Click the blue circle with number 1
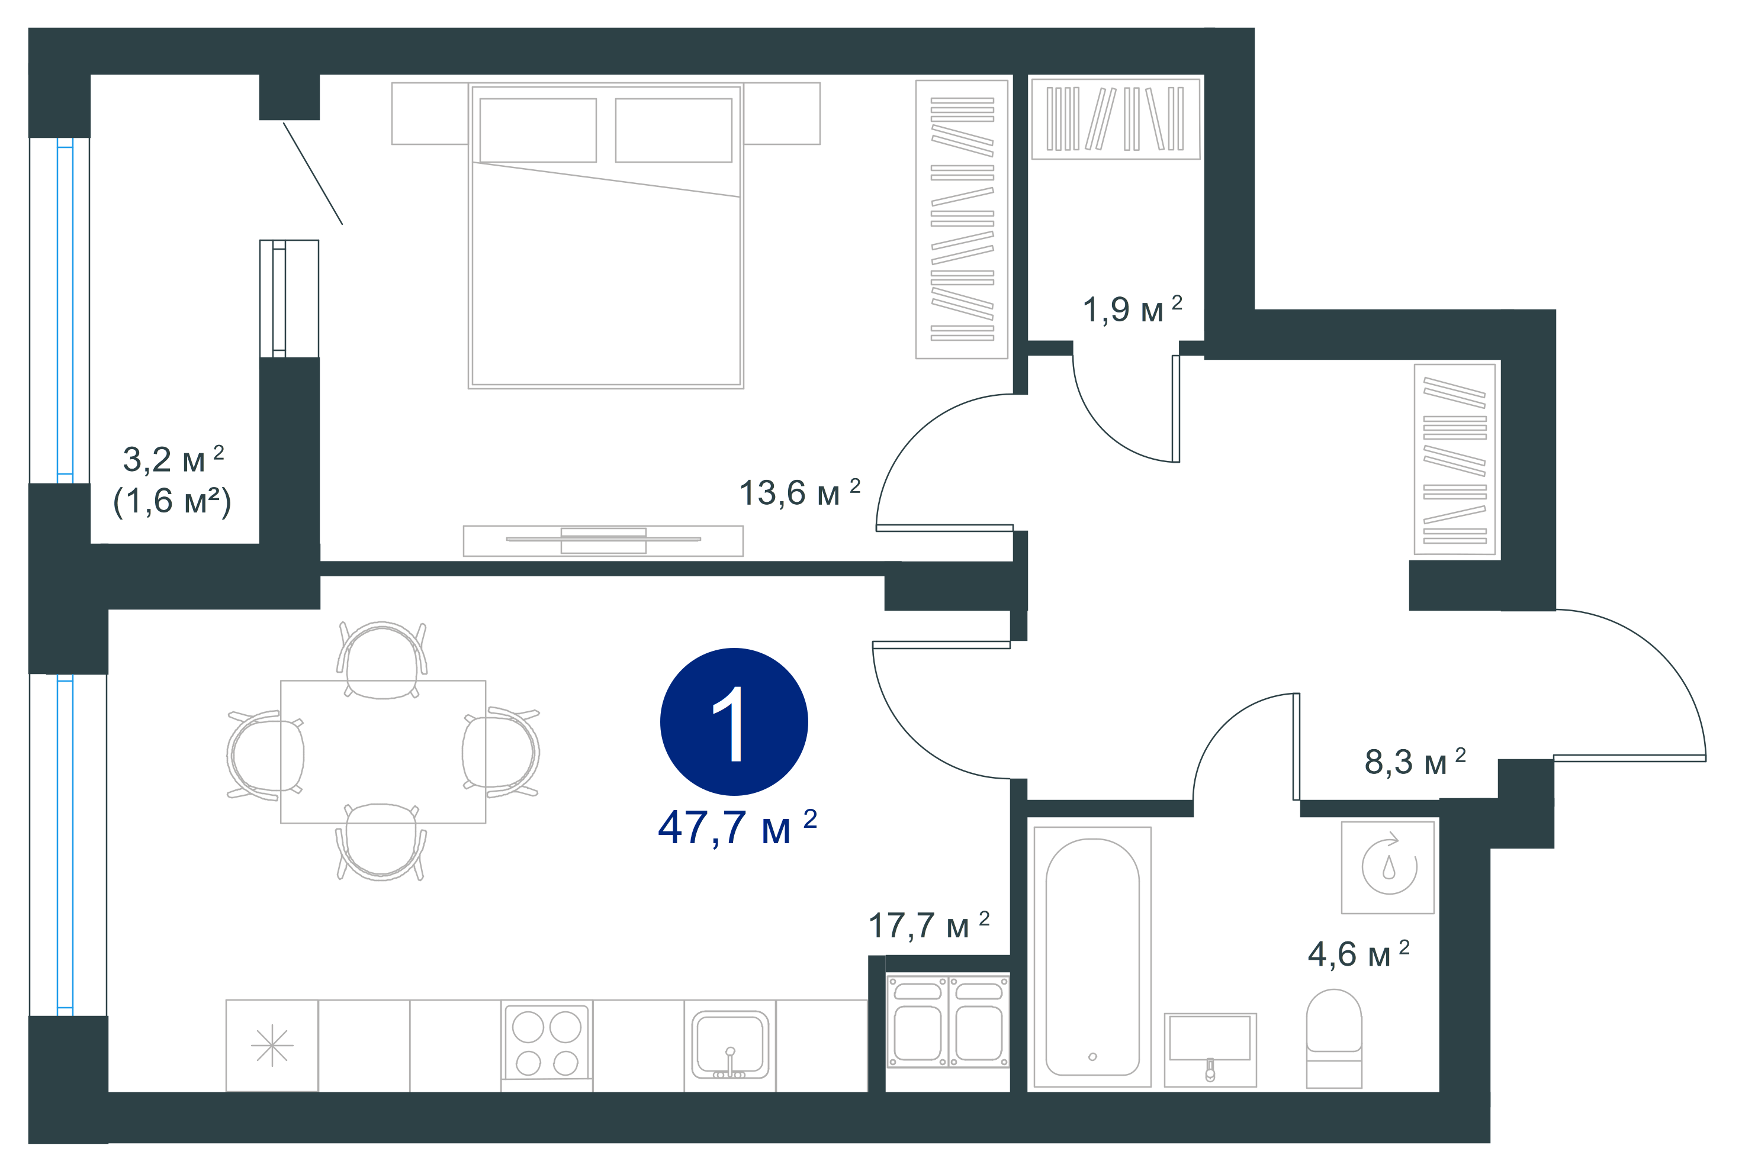pyautogui.click(x=733, y=721)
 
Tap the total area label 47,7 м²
pyautogui.click(x=737, y=827)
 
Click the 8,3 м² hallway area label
pyautogui.click(x=1415, y=762)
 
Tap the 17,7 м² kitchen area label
pyautogui.click(x=929, y=925)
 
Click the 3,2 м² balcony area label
pyautogui.click(x=173, y=459)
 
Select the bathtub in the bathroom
pyautogui.click(x=1092, y=957)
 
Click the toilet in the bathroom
pyautogui.click(x=1334, y=1038)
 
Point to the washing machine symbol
pyautogui.click(x=1388, y=867)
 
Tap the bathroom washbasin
pyautogui.click(x=1210, y=1049)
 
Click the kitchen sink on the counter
pyautogui.click(x=730, y=1045)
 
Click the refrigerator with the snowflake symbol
pyautogui.click(x=272, y=1046)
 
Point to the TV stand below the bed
pyautogui.click(x=603, y=541)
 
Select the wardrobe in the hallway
pyautogui.click(x=1454, y=460)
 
